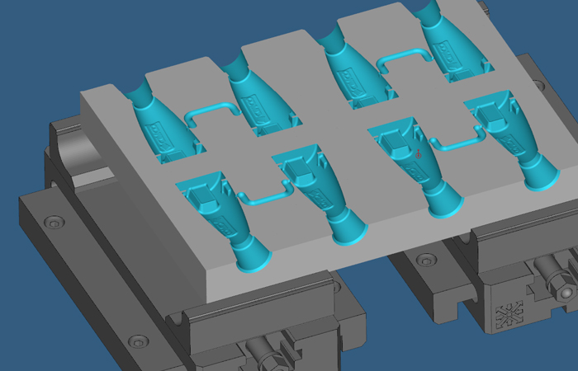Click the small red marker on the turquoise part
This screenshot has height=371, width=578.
(419, 153)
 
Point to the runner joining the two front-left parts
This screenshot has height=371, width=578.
(263, 194)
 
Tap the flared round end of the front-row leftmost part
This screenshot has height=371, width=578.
(252, 256)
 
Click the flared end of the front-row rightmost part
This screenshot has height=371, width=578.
(537, 175)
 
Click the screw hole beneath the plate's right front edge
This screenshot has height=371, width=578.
(424, 261)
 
